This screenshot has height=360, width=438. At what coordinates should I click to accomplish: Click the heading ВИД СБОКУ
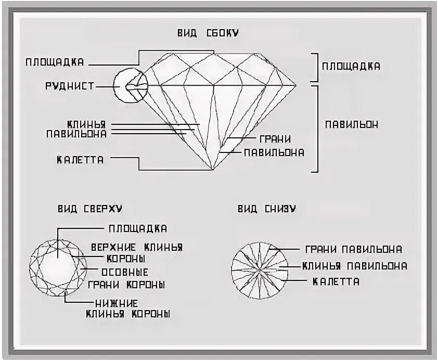208,33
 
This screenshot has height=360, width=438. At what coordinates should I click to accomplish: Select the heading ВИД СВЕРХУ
90,209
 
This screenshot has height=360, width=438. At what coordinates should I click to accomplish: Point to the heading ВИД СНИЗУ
267,209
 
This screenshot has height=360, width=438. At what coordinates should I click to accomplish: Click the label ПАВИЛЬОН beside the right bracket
352,125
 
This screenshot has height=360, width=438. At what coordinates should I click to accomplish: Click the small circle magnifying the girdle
131,86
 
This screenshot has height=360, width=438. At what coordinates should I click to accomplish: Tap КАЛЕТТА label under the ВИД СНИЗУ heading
336,281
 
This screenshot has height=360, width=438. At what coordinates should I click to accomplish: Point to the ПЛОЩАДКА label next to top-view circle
138,228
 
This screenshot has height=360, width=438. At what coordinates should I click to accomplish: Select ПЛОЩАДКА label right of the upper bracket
351,67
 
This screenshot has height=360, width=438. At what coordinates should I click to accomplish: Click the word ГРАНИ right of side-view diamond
274,139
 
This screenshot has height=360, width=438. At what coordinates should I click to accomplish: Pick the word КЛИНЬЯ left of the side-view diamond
86,124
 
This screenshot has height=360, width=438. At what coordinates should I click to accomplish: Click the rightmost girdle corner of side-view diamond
297,85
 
